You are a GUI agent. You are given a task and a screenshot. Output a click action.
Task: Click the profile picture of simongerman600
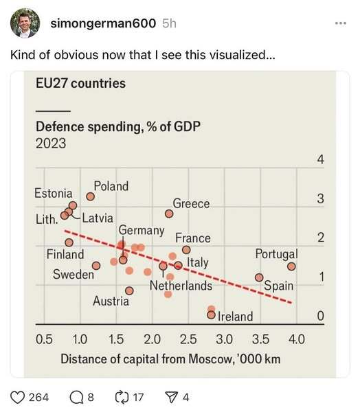point(24,24)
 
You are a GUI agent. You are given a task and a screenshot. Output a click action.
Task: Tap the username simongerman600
point(104,24)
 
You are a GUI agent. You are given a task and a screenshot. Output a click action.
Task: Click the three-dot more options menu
point(340,24)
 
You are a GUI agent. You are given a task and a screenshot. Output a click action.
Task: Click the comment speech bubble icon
point(76,396)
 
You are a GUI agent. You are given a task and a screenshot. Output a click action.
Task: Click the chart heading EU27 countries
point(80,84)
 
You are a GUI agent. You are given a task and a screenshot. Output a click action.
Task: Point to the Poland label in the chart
point(111,186)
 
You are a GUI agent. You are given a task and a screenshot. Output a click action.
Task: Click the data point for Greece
point(169,214)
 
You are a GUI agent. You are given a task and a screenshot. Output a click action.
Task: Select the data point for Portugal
point(291,266)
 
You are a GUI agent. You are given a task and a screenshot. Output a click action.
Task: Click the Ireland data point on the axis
point(211,315)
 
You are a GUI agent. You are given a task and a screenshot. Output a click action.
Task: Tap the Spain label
point(279,286)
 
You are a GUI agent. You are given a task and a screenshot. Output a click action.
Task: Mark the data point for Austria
point(129,290)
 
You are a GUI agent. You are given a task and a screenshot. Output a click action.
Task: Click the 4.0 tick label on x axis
point(296,339)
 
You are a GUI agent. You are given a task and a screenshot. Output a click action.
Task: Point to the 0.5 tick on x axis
point(44,339)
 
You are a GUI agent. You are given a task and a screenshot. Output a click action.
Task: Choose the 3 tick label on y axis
point(319,199)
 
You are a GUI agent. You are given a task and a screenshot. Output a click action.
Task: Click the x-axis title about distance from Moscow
point(170,359)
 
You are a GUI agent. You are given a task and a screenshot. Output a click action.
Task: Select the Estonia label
point(53,194)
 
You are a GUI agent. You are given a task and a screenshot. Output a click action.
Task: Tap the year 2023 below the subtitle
point(51,143)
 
